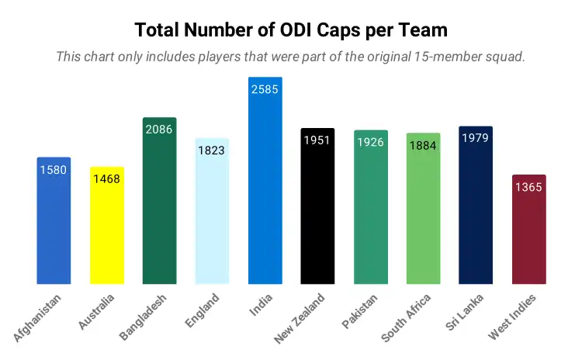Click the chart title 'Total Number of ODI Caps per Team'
(291, 30)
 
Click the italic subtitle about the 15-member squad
(291, 57)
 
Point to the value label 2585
(265, 89)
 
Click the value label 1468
(106, 179)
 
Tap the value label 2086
(159, 130)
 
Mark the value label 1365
(528, 187)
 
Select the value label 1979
(476, 138)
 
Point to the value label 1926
(370, 142)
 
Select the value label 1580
(54, 170)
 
